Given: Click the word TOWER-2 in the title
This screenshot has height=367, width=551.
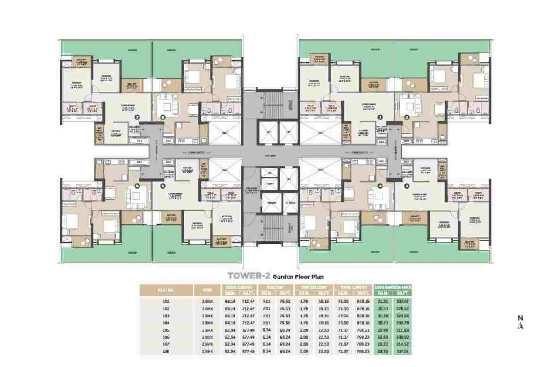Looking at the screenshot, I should pyautogui.click(x=249, y=276).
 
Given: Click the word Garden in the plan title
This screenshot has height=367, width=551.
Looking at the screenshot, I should pyautogui.click(x=283, y=276).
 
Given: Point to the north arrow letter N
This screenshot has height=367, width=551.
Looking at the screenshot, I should pyautogui.click(x=520, y=318).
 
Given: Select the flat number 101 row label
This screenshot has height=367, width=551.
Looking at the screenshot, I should pyautogui.click(x=166, y=301).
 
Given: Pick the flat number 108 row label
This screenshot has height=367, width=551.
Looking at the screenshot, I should pyautogui.click(x=166, y=352).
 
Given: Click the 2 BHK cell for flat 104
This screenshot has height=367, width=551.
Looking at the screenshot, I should pyautogui.click(x=207, y=323).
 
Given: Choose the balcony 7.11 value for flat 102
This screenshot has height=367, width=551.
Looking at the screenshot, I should pyautogui.click(x=266, y=308).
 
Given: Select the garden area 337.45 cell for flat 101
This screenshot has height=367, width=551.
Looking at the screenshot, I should pyautogui.click(x=402, y=301).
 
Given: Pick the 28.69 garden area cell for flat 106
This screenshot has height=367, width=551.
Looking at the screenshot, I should pyautogui.click(x=383, y=337).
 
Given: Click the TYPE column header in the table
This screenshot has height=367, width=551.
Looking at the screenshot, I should pyautogui.click(x=207, y=290).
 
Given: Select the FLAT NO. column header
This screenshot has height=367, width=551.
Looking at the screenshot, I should pyautogui.click(x=166, y=290).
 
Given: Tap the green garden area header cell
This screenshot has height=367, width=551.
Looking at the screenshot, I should pyautogui.click(x=393, y=287).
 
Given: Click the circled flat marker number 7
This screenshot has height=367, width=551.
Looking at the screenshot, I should pyautogui.click(x=138, y=117).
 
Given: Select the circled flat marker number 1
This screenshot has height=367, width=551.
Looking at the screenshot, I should pyautogui.click(x=380, y=117).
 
